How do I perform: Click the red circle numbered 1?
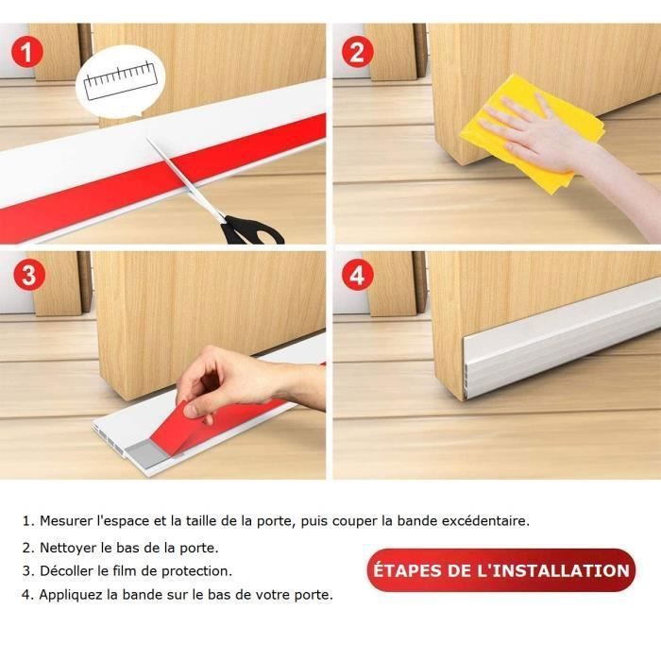pyautogui.click(x=27, y=52)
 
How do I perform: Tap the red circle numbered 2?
pyautogui.click(x=357, y=52)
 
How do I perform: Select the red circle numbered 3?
pyautogui.click(x=28, y=275)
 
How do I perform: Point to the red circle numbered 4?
pyautogui.click(x=357, y=275)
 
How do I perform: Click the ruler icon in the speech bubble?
pyautogui.click(x=120, y=81)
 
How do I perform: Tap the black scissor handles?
pyautogui.click(x=252, y=231)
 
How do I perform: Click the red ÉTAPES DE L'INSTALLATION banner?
pyautogui.click(x=500, y=570)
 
